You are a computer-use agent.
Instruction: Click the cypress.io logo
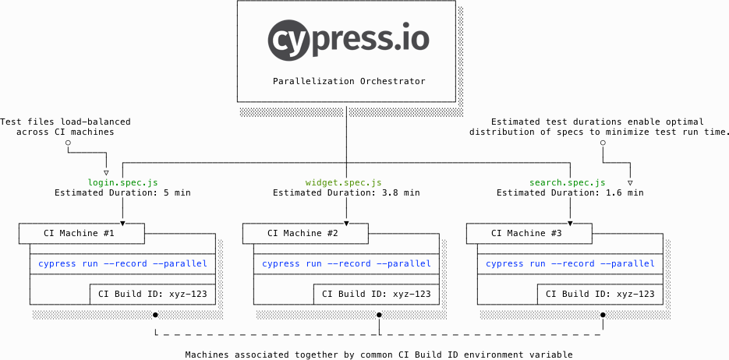[x=348, y=41]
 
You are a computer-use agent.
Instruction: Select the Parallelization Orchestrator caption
[x=349, y=81]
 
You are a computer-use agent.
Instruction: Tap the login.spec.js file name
[x=122, y=182]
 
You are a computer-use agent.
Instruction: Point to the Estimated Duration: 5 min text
[x=122, y=192]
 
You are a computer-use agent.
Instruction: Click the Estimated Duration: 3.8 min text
[x=346, y=192]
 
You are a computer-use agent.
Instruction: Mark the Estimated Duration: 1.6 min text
[x=570, y=192]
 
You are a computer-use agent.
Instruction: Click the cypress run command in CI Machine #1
[x=123, y=263]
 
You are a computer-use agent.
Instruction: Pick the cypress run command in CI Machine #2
[x=347, y=263]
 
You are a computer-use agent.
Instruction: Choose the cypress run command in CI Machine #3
[x=571, y=263]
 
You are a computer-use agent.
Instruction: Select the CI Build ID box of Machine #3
[x=600, y=294]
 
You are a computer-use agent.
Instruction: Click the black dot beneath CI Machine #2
[x=379, y=315]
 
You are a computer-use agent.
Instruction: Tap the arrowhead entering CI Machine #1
[x=122, y=222]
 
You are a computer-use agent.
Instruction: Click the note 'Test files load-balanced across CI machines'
[x=65, y=127]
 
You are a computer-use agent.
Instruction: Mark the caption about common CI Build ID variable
[x=379, y=355]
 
